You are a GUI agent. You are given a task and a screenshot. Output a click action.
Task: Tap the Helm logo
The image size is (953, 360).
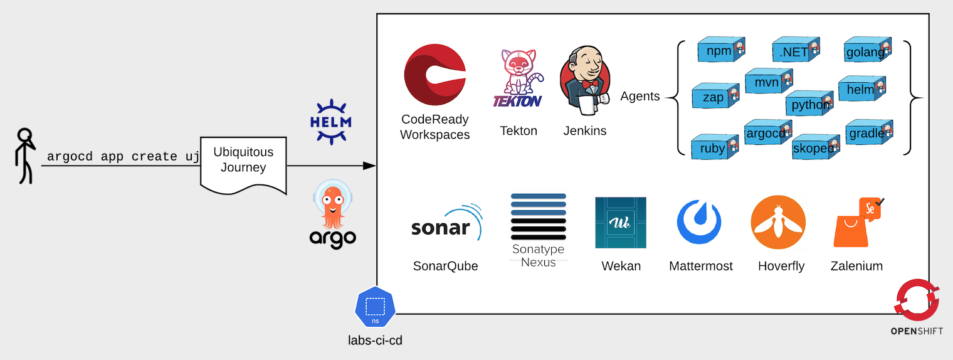331,121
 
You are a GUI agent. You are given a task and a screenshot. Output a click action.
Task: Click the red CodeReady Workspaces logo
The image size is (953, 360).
435,75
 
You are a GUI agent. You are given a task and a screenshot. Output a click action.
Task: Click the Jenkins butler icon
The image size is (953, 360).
584,81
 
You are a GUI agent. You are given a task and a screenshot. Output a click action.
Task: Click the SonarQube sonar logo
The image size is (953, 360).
446,226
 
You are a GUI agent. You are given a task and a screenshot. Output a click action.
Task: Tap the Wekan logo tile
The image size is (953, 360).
620,223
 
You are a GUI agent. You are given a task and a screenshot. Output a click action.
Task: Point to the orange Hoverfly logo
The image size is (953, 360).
778,223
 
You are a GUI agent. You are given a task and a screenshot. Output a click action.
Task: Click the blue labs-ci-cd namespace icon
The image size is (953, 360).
375,308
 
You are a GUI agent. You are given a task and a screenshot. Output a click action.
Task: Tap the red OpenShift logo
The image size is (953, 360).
917,300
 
